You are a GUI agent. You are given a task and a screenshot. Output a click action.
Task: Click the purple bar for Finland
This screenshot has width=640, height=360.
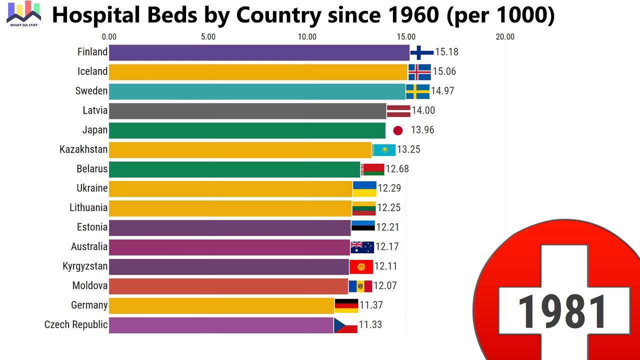259,52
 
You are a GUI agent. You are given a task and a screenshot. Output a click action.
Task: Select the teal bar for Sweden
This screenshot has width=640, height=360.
257,91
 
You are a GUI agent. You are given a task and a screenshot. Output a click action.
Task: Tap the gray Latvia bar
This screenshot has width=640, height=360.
247,111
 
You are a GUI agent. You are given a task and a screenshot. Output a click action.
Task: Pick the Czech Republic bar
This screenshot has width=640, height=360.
221,325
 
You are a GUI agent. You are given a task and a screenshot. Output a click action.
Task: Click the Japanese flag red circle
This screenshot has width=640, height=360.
398,130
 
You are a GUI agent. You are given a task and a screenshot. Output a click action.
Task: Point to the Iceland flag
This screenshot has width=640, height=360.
419,72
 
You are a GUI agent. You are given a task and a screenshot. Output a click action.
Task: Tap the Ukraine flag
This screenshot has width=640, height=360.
364,189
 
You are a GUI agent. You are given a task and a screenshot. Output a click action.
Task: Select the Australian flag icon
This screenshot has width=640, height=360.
362,247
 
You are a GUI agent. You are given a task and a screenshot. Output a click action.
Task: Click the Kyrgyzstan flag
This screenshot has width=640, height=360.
361,266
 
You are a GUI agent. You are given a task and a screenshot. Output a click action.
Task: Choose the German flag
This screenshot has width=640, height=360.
346,305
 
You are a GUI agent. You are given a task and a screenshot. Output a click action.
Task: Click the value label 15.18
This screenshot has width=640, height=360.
446,52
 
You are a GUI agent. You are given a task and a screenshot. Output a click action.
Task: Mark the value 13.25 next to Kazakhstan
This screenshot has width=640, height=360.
408,150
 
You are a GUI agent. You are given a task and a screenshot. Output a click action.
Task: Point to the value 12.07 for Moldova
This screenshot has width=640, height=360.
385,286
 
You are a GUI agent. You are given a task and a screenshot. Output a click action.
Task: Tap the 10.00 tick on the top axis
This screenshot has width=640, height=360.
307,36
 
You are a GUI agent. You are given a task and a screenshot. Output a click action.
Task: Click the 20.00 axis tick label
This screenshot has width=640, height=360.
505,36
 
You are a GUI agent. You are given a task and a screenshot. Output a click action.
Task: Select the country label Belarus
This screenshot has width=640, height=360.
92,169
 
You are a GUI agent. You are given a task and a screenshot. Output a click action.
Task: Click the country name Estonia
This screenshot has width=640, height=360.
92,227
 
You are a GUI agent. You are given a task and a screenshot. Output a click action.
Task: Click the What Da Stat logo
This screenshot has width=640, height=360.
23,14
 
